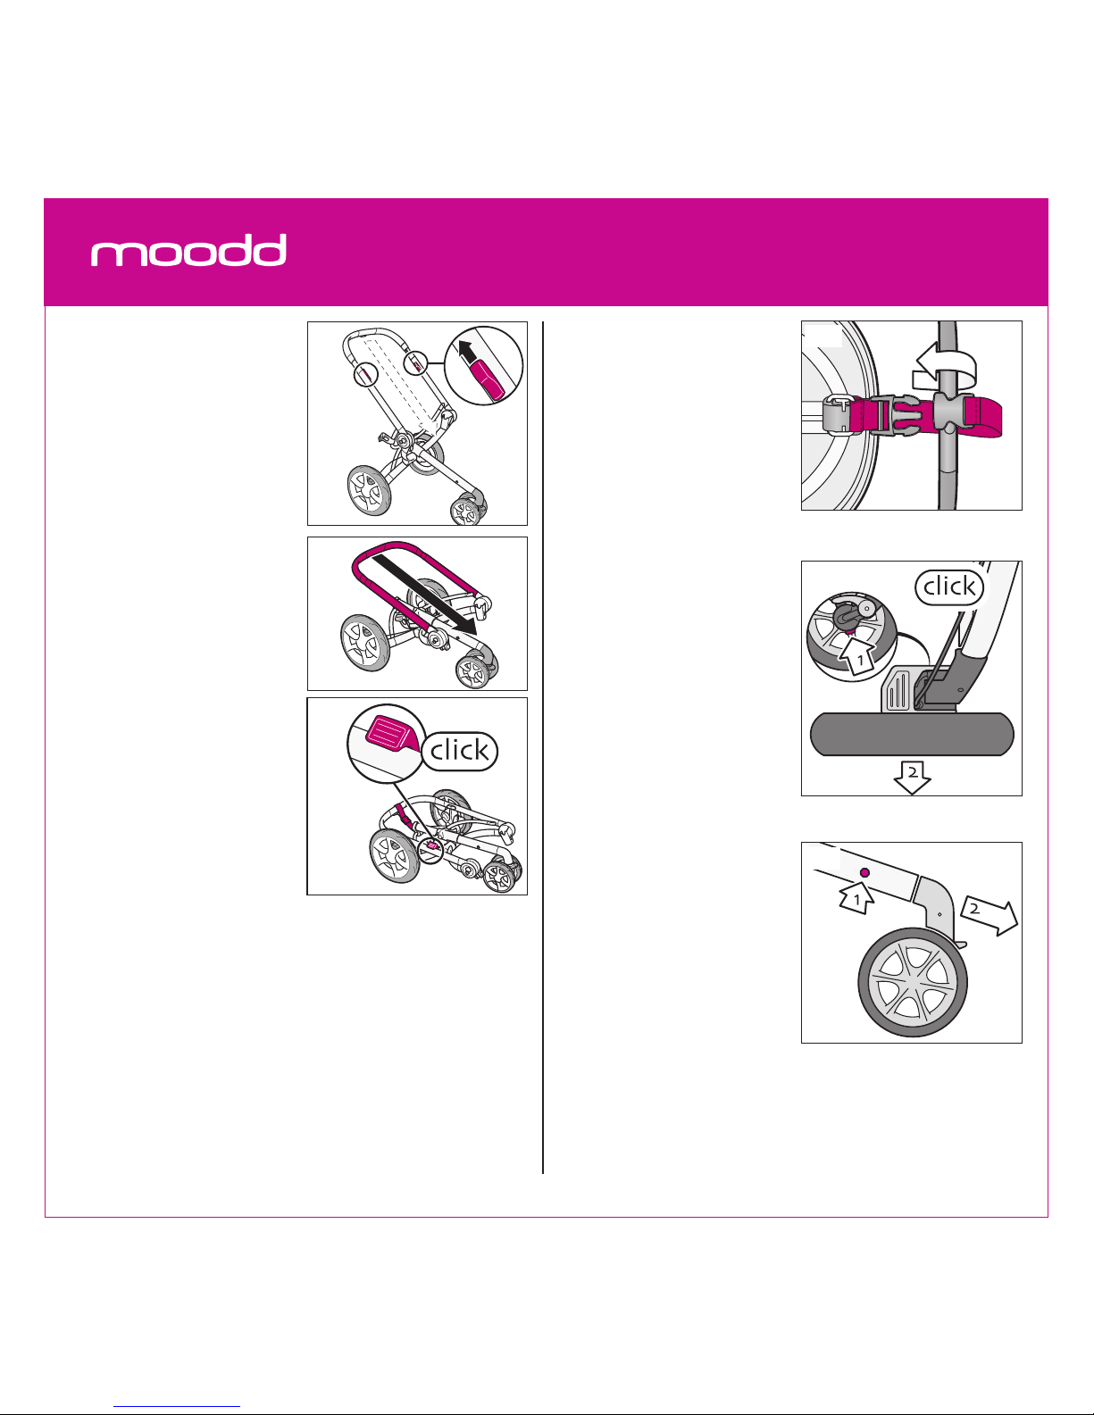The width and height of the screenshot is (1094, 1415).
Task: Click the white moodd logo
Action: (x=188, y=250)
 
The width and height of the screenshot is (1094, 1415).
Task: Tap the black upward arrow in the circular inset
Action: (x=466, y=352)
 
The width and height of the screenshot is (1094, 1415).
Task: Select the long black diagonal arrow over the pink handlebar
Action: (x=424, y=593)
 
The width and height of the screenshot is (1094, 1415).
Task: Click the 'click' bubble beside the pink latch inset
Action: (x=460, y=751)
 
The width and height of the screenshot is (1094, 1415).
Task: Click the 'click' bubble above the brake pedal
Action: (x=949, y=587)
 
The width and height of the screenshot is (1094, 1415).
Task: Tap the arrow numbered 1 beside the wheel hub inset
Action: (x=856, y=657)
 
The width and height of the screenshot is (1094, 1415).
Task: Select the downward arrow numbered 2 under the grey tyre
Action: (x=912, y=778)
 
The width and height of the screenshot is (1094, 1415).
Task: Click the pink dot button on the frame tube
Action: (x=864, y=872)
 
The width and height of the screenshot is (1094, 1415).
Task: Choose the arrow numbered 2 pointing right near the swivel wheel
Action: (x=990, y=916)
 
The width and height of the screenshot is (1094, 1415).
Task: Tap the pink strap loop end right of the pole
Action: (x=983, y=418)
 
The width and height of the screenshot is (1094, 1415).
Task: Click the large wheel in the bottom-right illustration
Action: (x=913, y=982)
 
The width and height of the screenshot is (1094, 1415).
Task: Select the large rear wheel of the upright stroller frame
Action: (x=369, y=490)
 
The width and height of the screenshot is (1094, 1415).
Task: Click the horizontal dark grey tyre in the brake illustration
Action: (x=912, y=735)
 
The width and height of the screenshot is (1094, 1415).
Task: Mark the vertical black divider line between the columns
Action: (x=542, y=747)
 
